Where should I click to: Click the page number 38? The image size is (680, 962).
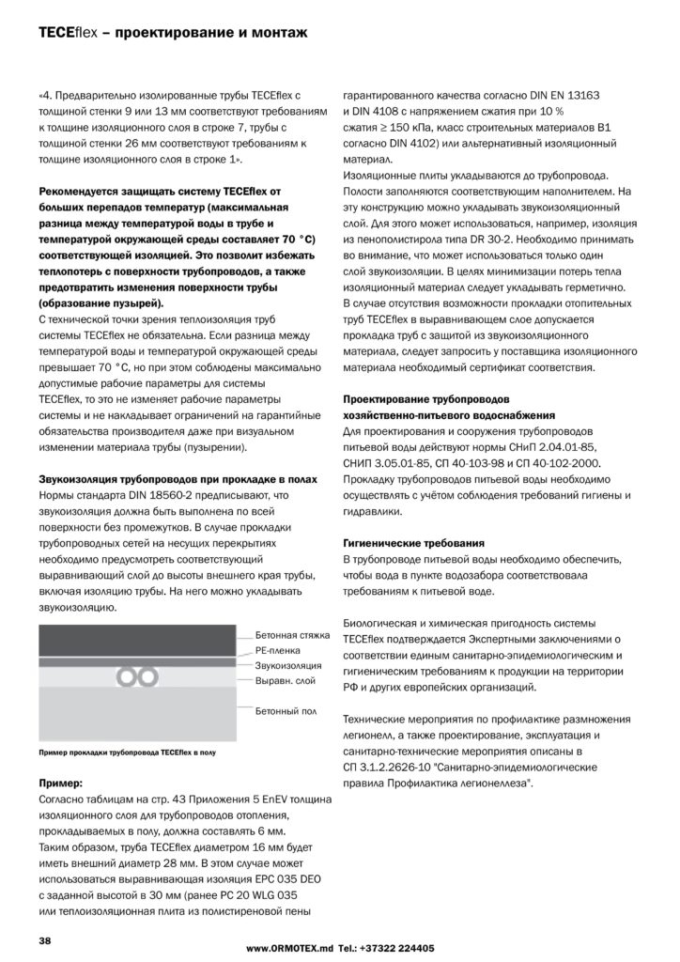tap(44, 940)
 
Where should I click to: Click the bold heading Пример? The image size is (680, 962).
tap(61, 782)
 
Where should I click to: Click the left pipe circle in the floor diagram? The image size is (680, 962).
tap(128, 676)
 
